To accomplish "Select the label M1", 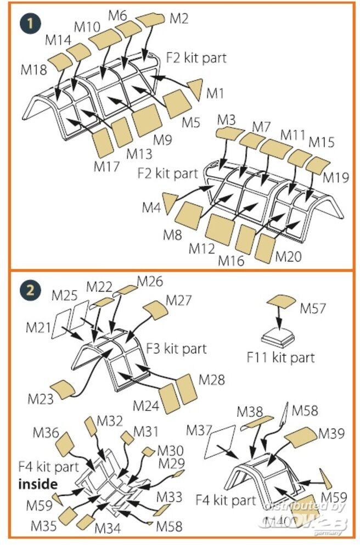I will [215, 94].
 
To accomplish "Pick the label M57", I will [312, 309].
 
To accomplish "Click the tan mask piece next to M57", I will [281, 302].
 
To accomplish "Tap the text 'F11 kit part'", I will [281, 358].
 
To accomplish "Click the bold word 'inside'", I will [38, 484].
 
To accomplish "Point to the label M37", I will [199, 429].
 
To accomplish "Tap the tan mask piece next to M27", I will [155, 311].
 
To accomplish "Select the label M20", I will [288, 256].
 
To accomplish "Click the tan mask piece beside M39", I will [300, 437].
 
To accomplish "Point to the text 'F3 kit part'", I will [177, 349].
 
